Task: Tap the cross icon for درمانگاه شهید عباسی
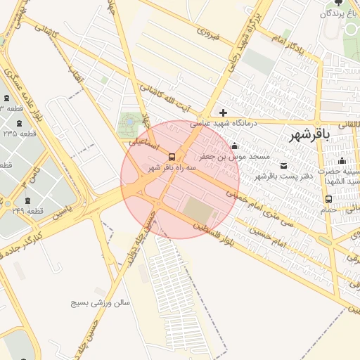(223, 112)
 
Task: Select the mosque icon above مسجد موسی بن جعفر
(234, 146)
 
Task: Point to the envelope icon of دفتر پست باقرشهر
(284, 166)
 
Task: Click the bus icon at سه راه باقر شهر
(172, 157)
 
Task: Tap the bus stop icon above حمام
(329, 199)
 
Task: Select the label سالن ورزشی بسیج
(101, 303)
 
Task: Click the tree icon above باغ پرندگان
(337, 3)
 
